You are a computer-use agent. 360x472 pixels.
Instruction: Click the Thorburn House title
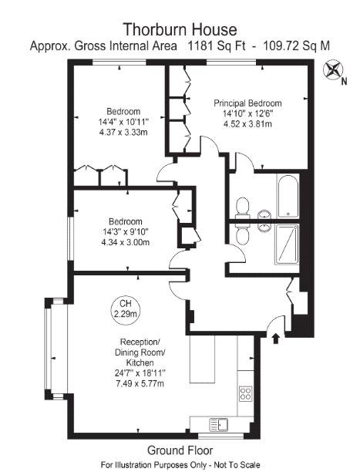pos(180,29)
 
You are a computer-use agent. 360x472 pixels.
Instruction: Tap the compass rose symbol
pos(332,69)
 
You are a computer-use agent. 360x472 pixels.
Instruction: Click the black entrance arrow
pos(276,338)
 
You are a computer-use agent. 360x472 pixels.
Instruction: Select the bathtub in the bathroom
pos(288,196)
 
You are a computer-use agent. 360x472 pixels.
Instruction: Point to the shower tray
pos(287,244)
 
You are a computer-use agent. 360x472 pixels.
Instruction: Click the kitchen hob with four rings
pos(245,394)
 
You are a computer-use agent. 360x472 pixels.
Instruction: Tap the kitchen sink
pos(219,424)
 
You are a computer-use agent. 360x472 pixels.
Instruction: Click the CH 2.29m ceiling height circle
pos(125,309)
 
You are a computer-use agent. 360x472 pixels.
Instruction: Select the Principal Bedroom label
pos(247,103)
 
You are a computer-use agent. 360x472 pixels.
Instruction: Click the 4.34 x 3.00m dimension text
pos(126,242)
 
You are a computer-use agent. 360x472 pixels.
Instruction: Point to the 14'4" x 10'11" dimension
pos(123,122)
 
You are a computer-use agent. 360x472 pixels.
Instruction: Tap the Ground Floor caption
pos(180,450)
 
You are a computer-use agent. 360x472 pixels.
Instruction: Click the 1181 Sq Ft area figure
pos(217,46)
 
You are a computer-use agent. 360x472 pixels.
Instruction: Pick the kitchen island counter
pos(202,359)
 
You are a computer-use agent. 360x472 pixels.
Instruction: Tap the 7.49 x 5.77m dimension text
pos(140,383)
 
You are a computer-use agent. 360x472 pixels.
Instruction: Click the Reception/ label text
pos(140,342)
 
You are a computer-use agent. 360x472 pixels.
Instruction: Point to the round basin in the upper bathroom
pos(264,215)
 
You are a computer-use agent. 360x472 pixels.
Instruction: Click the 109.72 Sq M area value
pos(297,46)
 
